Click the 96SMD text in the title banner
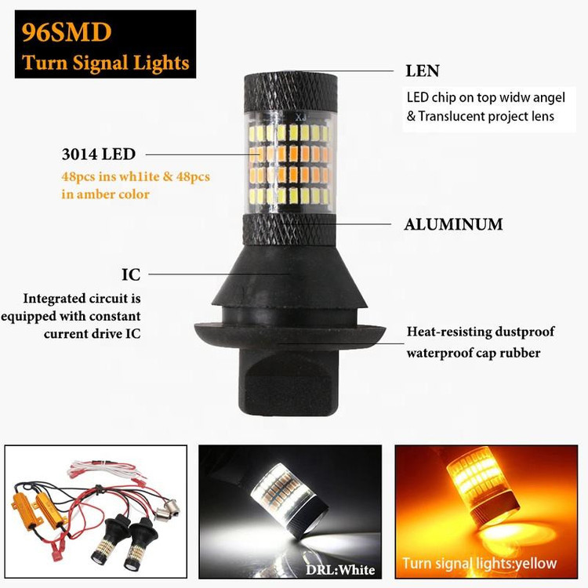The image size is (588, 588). coord(67,32)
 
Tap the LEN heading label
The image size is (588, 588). coord(423,71)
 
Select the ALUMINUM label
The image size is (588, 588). coord(453,224)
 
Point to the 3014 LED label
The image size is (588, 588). coord(99,154)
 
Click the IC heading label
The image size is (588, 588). coord(131,274)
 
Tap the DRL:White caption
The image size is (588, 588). coord(340,570)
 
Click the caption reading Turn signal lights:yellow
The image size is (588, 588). coord(480,563)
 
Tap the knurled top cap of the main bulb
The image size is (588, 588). coord(291,93)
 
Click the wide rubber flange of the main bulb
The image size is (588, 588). coord(290,335)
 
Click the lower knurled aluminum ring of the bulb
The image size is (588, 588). coord(289,230)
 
